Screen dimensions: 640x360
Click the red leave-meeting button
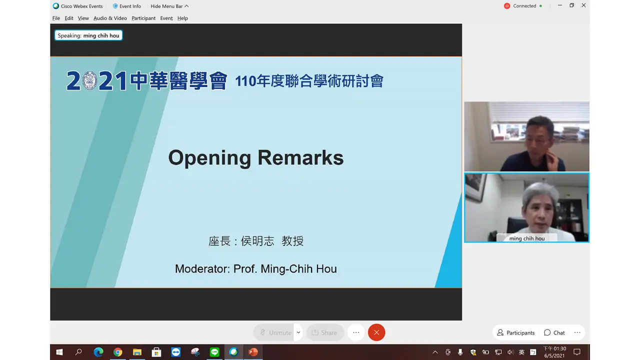(376, 332)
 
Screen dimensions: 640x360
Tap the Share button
(325, 332)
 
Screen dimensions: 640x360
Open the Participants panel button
(515, 332)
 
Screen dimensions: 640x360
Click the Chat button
(554, 332)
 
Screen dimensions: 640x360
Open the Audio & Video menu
(110, 18)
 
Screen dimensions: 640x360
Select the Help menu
(182, 18)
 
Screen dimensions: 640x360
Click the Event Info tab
(127, 6)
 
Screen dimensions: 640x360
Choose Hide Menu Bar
(169, 6)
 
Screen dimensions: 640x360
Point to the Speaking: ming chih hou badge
(88, 35)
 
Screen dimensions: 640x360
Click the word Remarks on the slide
(300, 157)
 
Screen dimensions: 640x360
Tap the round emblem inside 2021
(89, 81)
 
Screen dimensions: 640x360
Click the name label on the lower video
(526, 238)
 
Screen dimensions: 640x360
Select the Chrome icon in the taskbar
(117, 352)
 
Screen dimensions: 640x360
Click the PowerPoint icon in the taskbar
(253, 352)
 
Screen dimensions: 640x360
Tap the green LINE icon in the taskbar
(214, 352)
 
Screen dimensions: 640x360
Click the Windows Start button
(59, 352)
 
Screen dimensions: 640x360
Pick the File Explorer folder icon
(137, 352)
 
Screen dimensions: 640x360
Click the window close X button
(583, 5)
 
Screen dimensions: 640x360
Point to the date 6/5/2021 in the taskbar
(554, 355)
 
